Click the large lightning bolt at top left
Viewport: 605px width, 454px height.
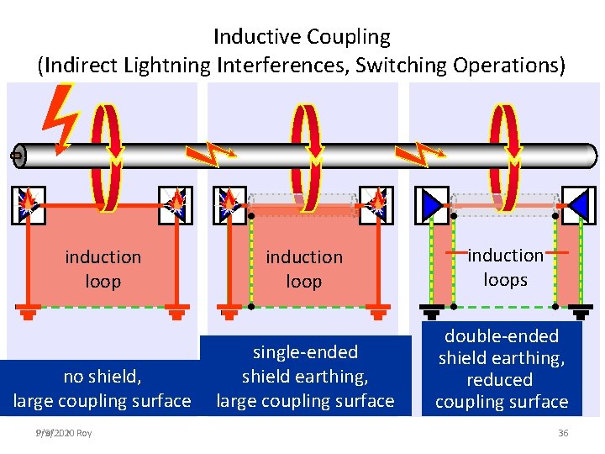[61, 118]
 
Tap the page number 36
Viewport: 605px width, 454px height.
[562, 433]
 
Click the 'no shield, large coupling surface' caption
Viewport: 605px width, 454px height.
[102, 389]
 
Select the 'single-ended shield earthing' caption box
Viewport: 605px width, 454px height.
[305, 377]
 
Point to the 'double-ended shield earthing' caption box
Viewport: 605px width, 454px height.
[502, 369]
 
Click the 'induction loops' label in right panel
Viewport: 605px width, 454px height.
[505, 267]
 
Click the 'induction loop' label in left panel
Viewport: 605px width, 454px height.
[103, 269]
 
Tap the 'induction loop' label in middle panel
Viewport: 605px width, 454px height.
[304, 269]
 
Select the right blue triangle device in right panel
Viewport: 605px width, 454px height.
[578, 204]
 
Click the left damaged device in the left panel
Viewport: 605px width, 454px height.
[28, 204]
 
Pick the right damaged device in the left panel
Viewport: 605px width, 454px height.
[176, 204]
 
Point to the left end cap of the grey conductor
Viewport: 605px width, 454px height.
[18, 156]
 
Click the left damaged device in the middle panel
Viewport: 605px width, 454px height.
[229, 204]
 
